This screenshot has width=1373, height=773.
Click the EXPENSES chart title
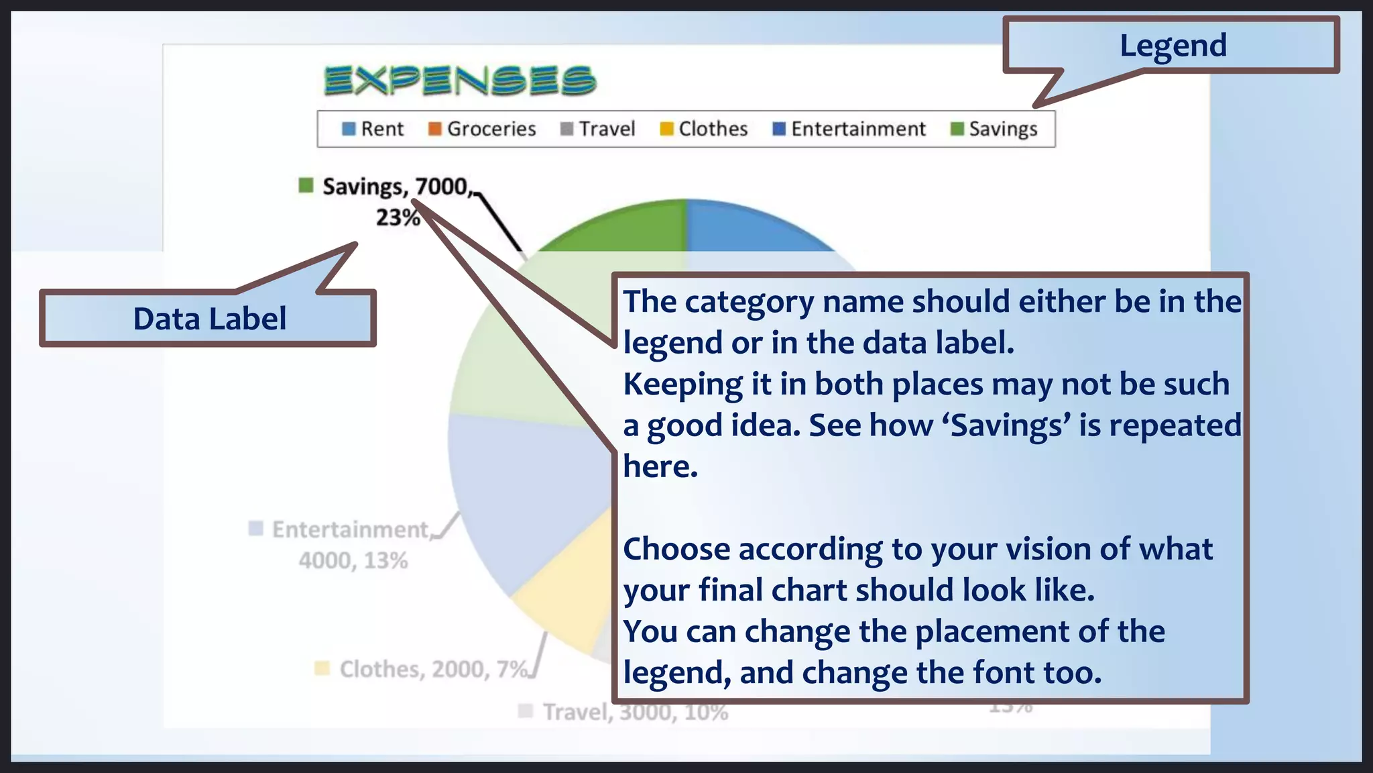(x=460, y=81)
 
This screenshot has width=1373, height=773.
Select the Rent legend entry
(x=373, y=129)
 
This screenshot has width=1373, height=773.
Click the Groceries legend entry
(x=483, y=129)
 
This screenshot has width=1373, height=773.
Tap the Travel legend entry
(x=598, y=129)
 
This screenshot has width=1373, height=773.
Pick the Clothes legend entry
(x=704, y=129)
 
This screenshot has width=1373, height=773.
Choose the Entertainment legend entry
(x=849, y=129)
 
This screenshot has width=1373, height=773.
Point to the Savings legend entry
(x=994, y=129)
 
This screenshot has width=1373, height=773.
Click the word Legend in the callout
(x=1173, y=46)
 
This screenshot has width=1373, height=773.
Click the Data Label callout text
(x=209, y=319)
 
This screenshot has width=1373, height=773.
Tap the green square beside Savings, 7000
(x=306, y=185)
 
